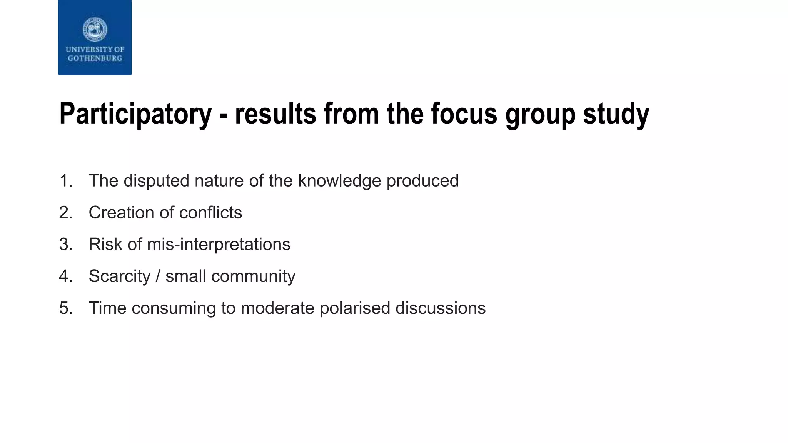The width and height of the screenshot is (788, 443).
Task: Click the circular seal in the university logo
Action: pos(95,29)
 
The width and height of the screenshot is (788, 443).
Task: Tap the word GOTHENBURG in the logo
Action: pos(95,58)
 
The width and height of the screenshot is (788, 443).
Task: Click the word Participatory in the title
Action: pos(135,114)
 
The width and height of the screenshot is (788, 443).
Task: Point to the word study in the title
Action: pos(616,114)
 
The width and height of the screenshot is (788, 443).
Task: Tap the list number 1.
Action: pos(66,181)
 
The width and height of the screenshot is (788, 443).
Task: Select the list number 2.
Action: pos(66,213)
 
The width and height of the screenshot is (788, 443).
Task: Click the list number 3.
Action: pos(66,245)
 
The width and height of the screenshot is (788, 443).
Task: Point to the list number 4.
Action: pos(66,276)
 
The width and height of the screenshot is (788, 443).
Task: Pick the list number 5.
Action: pos(66,308)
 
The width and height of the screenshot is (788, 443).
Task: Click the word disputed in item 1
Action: pos(156,181)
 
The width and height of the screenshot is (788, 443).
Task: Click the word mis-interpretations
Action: pos(219,245)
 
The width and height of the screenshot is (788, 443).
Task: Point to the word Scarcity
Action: pos(119,276)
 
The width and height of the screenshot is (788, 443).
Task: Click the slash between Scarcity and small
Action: pos(158,276)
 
